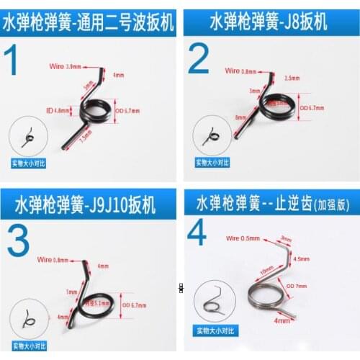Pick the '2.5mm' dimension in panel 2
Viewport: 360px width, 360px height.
292,78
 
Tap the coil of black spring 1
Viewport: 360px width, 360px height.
94,110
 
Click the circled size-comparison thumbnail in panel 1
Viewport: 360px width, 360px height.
28,135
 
